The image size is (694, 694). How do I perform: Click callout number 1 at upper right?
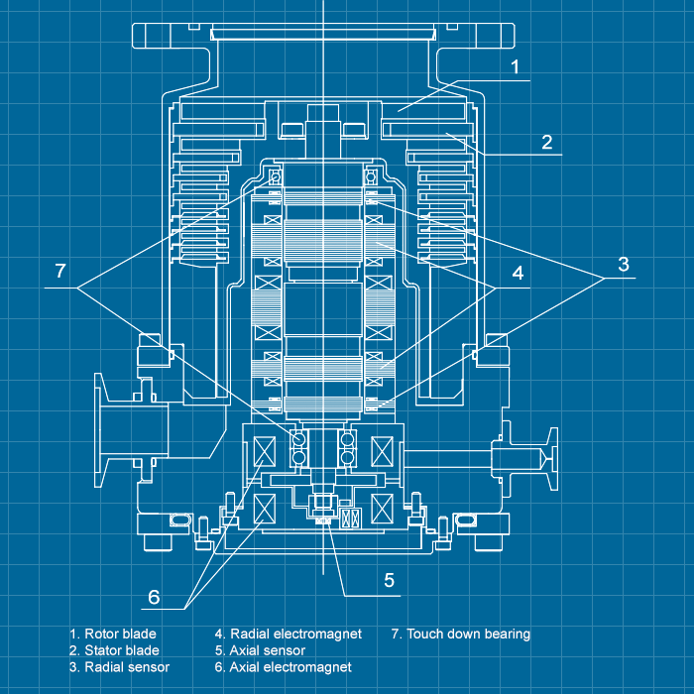click(x=515, y=67)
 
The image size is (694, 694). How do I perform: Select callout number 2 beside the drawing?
click(x=546, y=142)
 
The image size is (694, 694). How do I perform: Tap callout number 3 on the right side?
click(x=623, y=264)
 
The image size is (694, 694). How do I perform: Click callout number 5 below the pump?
click(x=389, y=580)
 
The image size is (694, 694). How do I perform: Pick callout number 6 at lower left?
click(x=154, y=596)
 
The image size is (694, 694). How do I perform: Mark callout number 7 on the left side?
click(x=60, y=271)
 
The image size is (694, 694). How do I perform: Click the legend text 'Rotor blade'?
click(x=112, y=634)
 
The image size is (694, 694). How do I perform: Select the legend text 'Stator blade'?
click(x=113, y=650)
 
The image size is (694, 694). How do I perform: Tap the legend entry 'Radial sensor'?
click(x=118, y=667)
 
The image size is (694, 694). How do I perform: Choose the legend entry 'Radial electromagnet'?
click(x=288, y=634)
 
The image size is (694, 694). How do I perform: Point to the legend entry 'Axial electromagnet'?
click(x=283, y=667)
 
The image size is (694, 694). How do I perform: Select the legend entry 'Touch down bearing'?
click(x=461, y=634)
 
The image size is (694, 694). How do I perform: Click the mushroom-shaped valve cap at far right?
click(x=547, y=459)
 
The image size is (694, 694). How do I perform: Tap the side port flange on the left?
click(x=102, y=423)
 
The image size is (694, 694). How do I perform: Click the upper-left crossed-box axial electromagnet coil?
click(x=266, y=451)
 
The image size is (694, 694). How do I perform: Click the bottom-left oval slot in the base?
click(x=179, y=520)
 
